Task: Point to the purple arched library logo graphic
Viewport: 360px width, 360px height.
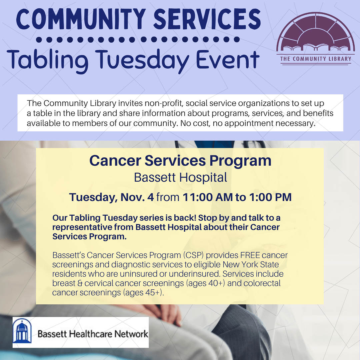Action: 314,34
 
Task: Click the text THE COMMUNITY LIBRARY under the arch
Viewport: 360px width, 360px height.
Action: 315,59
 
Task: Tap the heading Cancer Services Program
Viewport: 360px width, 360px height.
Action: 180,161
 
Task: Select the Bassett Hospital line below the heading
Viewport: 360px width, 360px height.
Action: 180,177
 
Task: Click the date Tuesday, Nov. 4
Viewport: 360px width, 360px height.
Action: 111,197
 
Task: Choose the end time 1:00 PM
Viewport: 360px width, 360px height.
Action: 270,197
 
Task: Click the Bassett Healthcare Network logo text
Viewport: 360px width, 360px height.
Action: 93,334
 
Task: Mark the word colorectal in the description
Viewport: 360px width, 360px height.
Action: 261,283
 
